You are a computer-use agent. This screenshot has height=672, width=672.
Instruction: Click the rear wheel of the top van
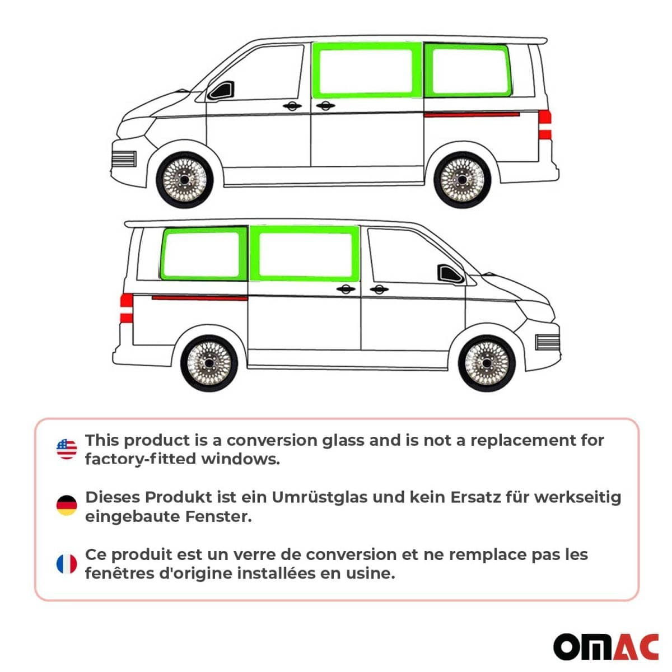[462, 179]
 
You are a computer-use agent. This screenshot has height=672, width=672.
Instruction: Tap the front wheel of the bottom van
[487, 363]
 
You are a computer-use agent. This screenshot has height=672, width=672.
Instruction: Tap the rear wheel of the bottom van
[209, 363]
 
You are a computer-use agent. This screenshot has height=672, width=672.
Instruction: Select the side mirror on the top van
[221, 91]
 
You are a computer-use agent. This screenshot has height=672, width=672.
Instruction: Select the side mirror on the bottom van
[450, 274]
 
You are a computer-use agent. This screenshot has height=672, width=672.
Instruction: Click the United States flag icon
[67, 449]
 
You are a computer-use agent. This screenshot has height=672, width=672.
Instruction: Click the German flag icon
[67, 506]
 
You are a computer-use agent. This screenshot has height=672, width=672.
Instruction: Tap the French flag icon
[67, 564]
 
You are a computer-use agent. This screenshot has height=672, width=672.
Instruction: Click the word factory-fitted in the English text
[140, 459]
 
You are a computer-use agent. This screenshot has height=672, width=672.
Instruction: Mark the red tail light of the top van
[545, 124]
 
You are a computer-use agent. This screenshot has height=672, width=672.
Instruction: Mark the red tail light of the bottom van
[127, 307]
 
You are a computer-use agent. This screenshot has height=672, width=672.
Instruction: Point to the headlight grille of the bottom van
[547, 342]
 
